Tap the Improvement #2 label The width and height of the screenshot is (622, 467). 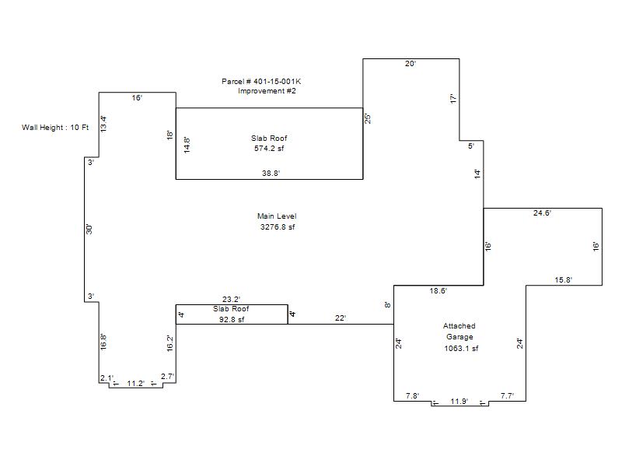[x=267, y=91]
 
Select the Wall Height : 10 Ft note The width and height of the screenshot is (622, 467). [x=55, y=128]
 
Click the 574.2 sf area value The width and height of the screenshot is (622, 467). [x=269, y=149]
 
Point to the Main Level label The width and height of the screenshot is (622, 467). [x=277, y=216]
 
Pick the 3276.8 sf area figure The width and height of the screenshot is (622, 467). [x=278, y=227]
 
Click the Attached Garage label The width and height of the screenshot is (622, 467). [x=460, y=332]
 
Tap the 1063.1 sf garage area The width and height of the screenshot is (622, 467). [x=461, y=349]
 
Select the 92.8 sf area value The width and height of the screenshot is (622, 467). [x=232, y=320]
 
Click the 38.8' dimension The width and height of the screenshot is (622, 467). [x=271, y=173]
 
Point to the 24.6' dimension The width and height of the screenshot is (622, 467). [x=542, y=212]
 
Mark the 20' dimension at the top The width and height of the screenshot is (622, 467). [x=411, y=64]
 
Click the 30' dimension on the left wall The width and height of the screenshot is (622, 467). [x=89, y=230]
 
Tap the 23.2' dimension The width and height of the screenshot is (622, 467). [x=231, y=300]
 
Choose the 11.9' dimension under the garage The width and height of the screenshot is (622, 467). [x=459, y=402]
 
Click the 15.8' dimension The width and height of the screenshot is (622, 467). [x=563, y=280]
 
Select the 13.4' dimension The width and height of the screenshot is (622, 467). [x=103, y=124]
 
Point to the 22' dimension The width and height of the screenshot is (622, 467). [x=341, y=318]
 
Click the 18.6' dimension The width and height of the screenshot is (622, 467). [x=439, y=291]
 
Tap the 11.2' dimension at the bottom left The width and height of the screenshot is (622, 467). [x=136, y=384]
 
